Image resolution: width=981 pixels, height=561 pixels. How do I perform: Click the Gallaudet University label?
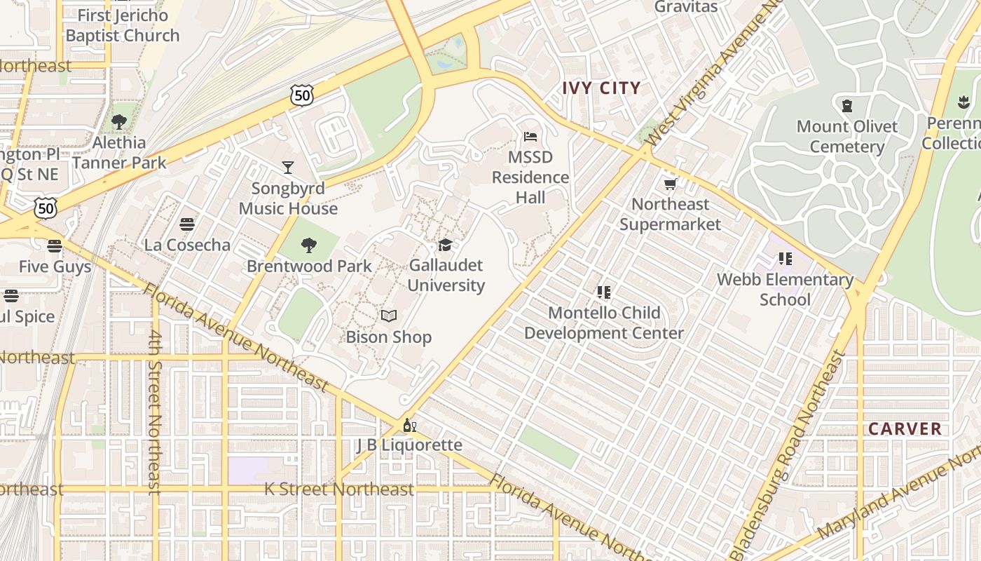coord(446,276)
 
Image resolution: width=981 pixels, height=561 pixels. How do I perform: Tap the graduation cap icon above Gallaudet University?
coord(445,245)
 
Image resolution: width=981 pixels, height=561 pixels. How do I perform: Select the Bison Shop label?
coord(388,337)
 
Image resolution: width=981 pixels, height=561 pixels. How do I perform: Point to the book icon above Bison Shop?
coord(389,316)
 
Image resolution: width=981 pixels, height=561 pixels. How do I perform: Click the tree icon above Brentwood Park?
coord(308,245)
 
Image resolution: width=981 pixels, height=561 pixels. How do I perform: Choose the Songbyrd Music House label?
coord(288,198)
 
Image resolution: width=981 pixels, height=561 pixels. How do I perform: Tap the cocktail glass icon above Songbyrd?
coord(287,167)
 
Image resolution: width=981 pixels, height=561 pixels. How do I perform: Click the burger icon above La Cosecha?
coord(187,224)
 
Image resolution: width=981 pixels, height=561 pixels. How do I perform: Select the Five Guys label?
coord(55,267)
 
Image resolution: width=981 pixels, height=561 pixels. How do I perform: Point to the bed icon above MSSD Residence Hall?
coord(530,136)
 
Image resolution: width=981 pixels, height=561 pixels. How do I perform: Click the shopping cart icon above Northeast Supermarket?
coord(670,184)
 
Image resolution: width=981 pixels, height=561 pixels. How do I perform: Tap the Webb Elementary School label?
coord(785,290)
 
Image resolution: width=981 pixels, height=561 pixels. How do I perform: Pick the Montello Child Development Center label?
coord(604,323)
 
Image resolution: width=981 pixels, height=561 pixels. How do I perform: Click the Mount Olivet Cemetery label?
coord(846,137)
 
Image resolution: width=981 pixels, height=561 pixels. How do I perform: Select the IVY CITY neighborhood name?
coord(602,88)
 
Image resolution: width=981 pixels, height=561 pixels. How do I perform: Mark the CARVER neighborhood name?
coord(905,429)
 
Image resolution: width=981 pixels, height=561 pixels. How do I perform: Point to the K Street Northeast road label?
coord(339,489)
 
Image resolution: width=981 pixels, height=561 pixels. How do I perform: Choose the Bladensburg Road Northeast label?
coord(788,456)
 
